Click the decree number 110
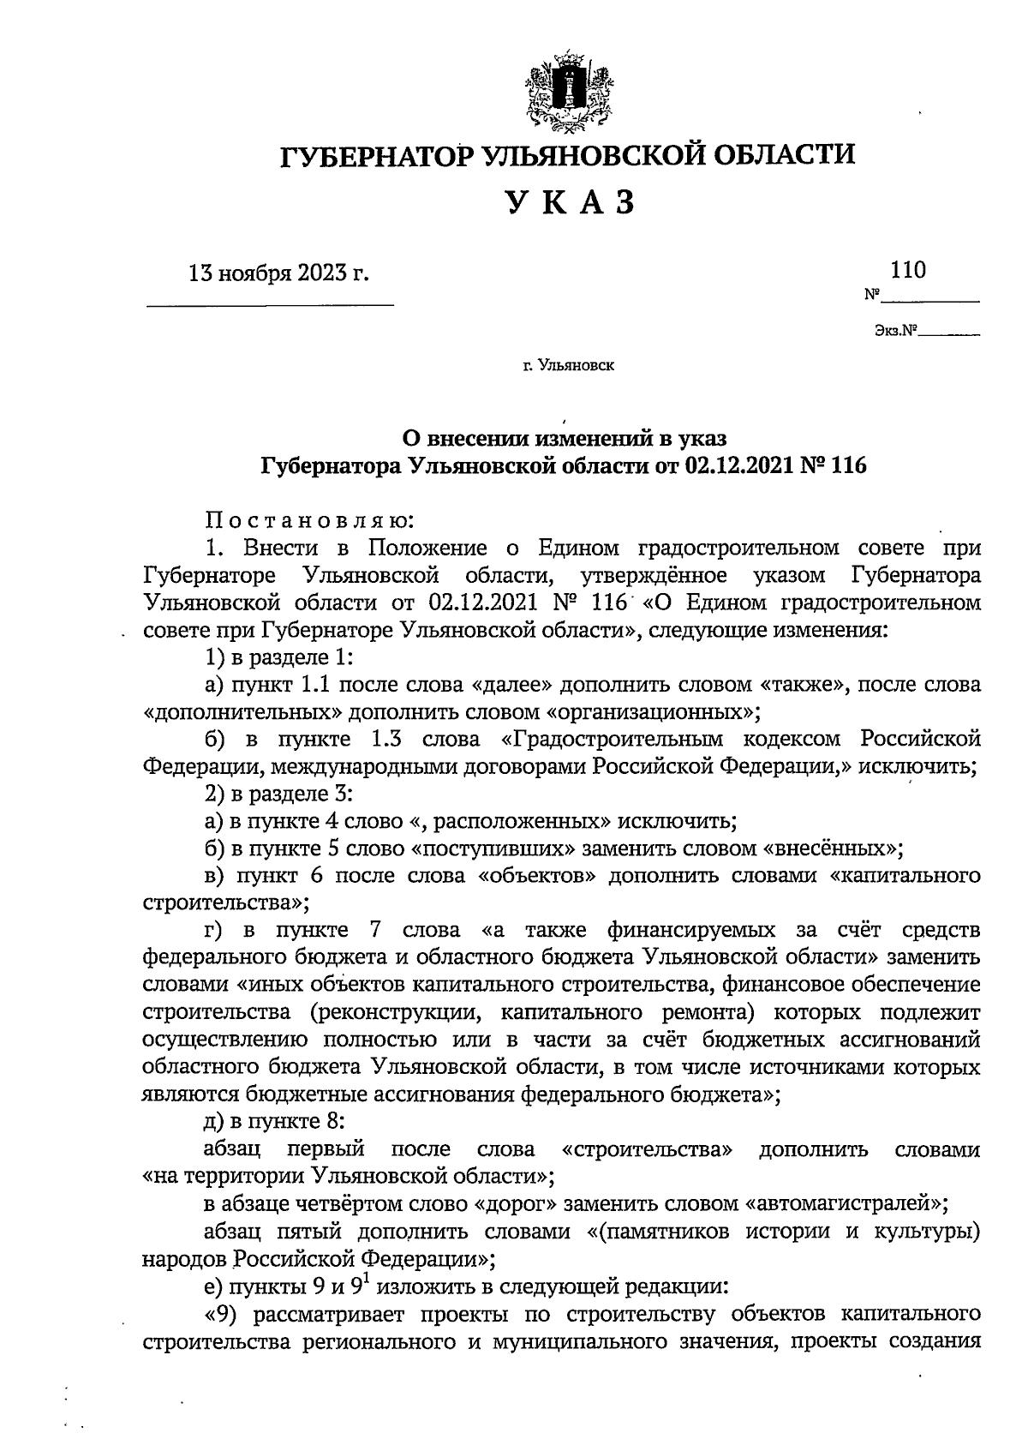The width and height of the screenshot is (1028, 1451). coord(908,271)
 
